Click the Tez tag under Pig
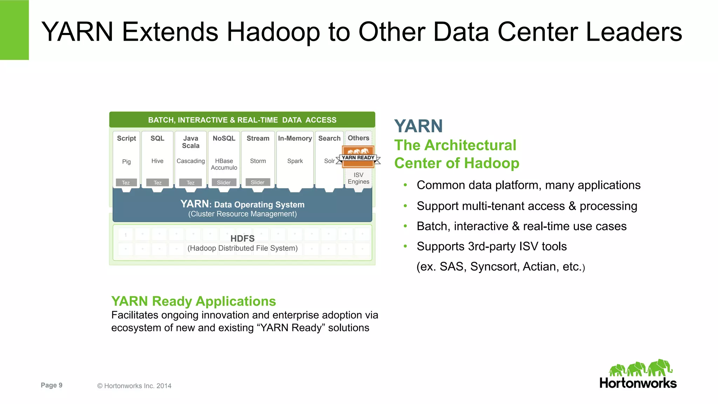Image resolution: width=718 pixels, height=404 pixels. click(126, 183)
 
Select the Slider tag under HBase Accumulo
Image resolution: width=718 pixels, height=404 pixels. click(224, 183)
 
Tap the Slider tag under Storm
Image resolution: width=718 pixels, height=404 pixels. click(258, 182)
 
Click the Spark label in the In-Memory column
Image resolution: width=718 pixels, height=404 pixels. click(295, 161)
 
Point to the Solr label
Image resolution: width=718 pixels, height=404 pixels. click(329, 161)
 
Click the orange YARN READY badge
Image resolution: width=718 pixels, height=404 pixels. click(358, 156)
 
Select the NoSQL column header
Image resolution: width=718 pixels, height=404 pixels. click(224, 138)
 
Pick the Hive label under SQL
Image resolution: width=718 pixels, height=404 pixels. click(157, 161)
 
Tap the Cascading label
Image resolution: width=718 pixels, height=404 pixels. click(190, 161)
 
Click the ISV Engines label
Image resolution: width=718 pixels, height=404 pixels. click(358, 178)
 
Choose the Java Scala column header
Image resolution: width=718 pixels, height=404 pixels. click(190, 142)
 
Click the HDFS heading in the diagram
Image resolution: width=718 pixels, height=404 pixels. click(242, 239)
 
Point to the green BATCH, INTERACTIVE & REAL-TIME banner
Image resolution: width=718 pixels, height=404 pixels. click(242, 120)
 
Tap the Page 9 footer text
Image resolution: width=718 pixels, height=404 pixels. click(52, 385)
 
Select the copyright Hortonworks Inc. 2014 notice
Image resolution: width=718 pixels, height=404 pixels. click(134, 386)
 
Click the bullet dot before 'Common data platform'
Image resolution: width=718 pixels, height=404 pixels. click(405, 185)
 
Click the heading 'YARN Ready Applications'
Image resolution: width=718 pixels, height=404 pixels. click(194, 301)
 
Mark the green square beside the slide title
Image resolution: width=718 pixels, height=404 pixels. click(14, 30)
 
